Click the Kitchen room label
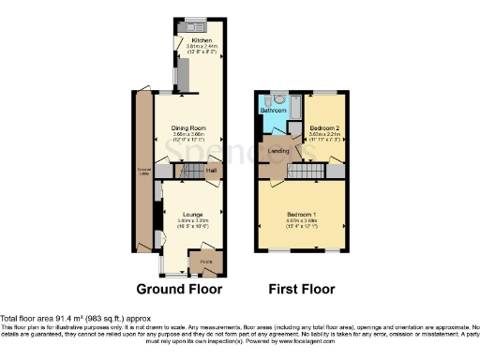click(202, 40)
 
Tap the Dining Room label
click(188, 127)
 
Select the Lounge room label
click(192, 215)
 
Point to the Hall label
click(212, 170)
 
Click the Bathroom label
click(273, 111)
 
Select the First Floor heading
click(302, 288)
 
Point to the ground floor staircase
click(192, 171)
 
